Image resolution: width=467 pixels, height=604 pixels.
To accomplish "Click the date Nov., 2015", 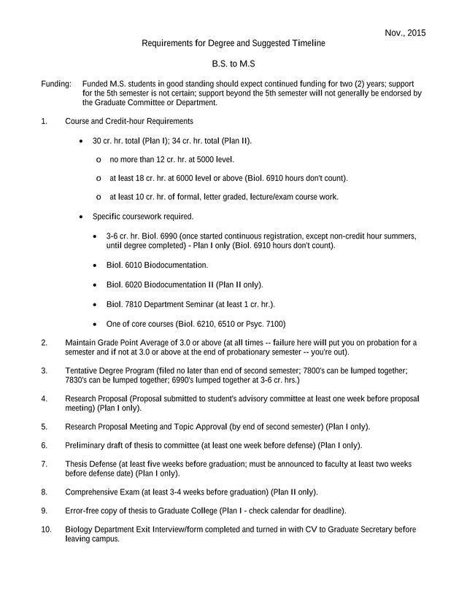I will [405, 33].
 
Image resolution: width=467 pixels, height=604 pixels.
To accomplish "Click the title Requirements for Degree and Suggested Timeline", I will [233, 44].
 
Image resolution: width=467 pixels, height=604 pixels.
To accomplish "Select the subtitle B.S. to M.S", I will [233, 65].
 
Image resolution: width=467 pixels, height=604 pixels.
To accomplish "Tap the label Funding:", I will [56, 85].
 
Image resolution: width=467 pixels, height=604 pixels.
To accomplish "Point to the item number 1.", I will [45, 120].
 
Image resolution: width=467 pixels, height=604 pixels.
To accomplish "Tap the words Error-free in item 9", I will [82, 511].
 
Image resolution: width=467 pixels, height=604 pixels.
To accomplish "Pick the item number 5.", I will [45, 426].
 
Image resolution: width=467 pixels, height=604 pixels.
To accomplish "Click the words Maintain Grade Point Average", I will [120, 342].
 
